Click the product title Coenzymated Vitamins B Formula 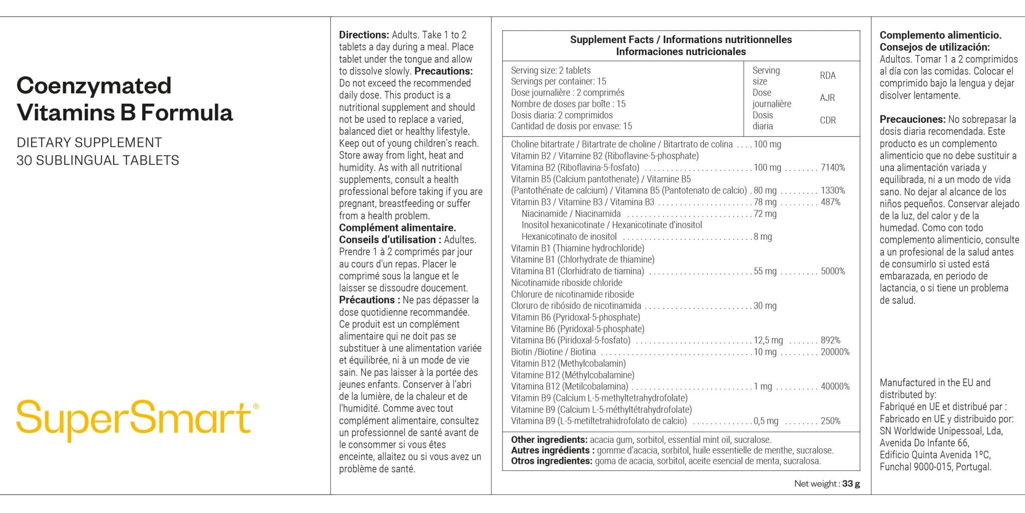124,99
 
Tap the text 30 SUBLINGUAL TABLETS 98,160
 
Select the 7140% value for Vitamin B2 832,167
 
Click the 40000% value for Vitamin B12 835,386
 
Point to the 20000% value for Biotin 835,352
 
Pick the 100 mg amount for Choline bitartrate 767,144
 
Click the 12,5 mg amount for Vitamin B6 768,340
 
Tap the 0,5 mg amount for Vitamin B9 766,421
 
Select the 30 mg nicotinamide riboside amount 765,306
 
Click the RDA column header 827,76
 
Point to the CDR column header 827,120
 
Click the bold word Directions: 364,35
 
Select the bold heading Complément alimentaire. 397,228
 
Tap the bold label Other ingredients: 549,439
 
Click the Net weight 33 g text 827,483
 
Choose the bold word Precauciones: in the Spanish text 912,119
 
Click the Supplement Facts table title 681,40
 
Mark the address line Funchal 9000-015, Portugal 935,467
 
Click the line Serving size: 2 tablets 551,71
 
